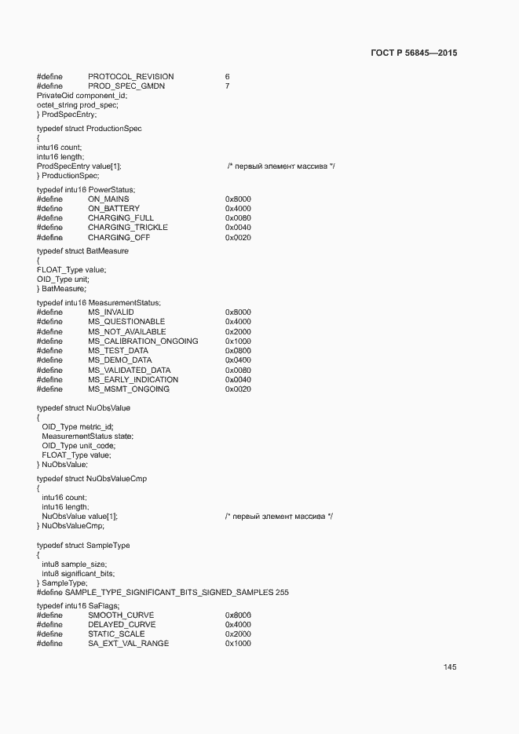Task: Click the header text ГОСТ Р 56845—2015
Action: tap(413, 53)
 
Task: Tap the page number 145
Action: tap(450, 667)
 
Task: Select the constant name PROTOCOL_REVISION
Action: tap(131, 76)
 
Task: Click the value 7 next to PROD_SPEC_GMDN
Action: tap(227, 86)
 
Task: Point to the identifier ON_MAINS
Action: tap(108, 199)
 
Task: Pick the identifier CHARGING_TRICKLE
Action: tap(127, 228)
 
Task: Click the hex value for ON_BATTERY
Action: tap(238, 209)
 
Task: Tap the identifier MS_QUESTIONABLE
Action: tap(126, 322)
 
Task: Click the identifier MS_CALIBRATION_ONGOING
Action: tap(143, 341)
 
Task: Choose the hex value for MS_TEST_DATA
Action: tap(238, 351)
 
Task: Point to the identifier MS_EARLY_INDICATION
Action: tap(133, 380)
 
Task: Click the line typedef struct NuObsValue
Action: tap(83, 408)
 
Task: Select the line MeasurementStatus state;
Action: tap(87, 436)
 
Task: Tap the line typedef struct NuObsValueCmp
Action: tap(92, 478)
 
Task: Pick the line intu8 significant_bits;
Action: tap(78, 574)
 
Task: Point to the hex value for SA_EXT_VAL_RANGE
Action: tap(238, 644)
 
